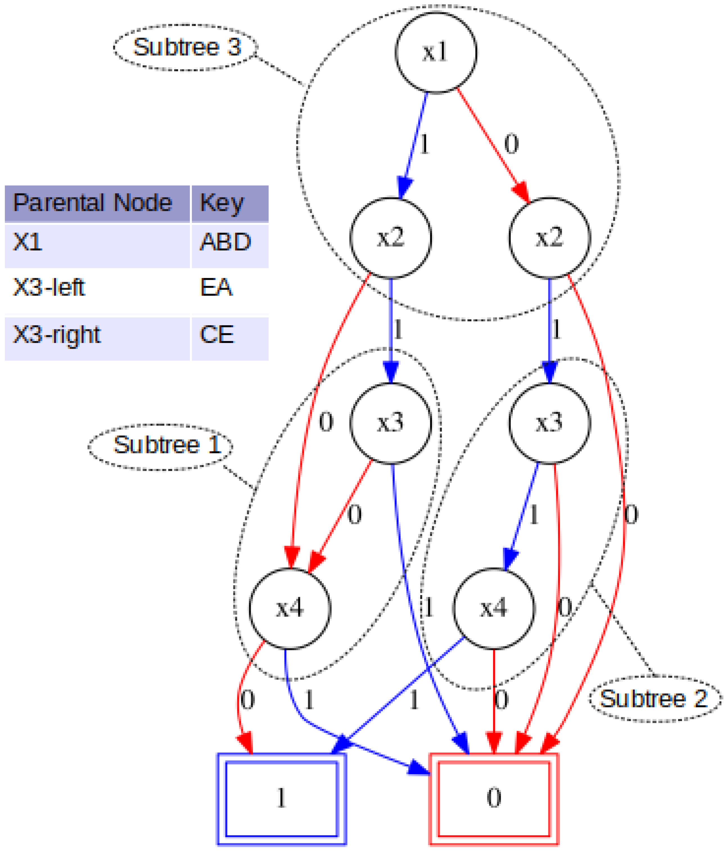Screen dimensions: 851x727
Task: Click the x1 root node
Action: click(x=436, y=53)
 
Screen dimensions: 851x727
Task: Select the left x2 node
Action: click(x=390, y=237)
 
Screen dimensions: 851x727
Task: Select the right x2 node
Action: click(x=550, y=237)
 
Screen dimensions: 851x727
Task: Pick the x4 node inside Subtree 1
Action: click(x=290, y=608)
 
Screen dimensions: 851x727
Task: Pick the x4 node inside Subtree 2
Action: click(x=494, y=608)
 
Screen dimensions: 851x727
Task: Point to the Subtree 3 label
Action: click(x=186, y=47)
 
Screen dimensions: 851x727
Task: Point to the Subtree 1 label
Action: click(x=161, y=445)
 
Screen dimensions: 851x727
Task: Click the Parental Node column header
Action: click(x=92, y=203)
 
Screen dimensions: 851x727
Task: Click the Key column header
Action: click(x=222, y=203)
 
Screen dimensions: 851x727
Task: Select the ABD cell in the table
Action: click(x=225, y=242)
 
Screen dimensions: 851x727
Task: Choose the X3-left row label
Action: click(x=49, y=287)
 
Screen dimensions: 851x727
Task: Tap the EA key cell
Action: click(x=216, y=287)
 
